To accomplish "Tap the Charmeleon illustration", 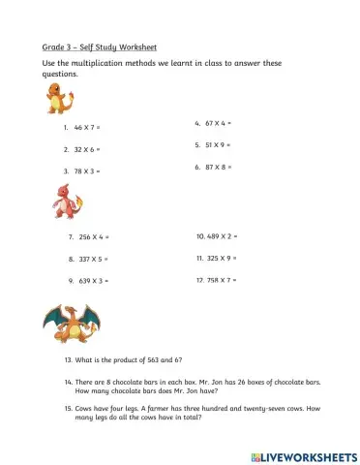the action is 68,202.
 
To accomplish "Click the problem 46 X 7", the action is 87,128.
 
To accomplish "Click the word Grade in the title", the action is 53,46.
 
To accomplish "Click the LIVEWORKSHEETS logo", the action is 304,453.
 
